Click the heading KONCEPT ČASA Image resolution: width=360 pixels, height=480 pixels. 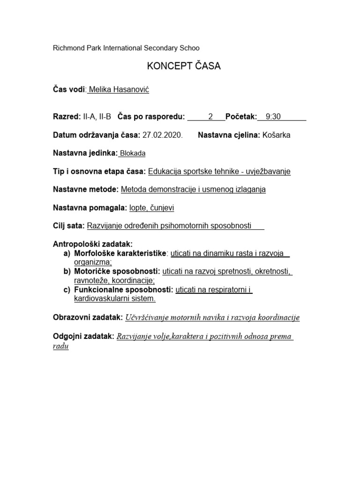tap(184, 67)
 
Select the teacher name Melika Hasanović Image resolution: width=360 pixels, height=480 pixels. tap(119, 90)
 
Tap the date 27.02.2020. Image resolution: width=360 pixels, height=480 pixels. tap(162, 135)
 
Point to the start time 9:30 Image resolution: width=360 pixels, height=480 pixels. tap(273, 117)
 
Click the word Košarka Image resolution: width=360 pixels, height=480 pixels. tap(276, 135)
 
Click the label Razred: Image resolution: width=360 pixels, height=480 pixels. tap(67, 117)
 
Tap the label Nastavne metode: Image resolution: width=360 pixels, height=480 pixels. tap(86, 190)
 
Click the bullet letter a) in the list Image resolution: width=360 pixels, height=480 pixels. tap(67, 254)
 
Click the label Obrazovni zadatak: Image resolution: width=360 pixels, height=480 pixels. tap(88, 318)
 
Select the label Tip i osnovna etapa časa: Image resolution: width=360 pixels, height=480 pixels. tap(100, 172)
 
